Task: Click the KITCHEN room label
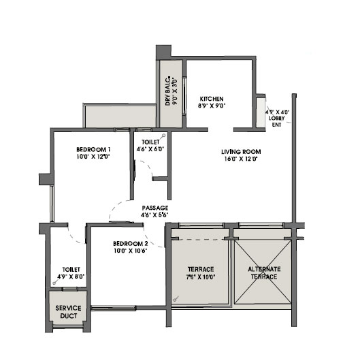pyautogui.click(x=212, y=99)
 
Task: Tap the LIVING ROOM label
pyautogui.click(x=241, y=152)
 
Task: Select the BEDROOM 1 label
pyautogui.click(x=93, y=150)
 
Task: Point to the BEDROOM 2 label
pyautogui.click(x=131, y=244)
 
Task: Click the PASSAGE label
pyautogui.click(x=155, y=208)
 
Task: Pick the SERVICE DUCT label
pyautogui.click(x=68, y=312)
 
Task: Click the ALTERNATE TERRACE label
pyautogui.click(x=264, y=273)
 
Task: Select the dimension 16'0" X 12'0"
pyautogui.click(x=241, y=159)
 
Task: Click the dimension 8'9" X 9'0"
pyautogui.click(x=212, y=106)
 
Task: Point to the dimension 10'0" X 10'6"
pyautogui.click(x=131, y=251)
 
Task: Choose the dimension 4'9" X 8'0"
pyautogui.click(x=71, y=277)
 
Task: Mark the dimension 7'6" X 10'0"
pyautogui.click(x=201, y=277)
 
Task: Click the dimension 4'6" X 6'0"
pyautogui.click(x=150, y=149)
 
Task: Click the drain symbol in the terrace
pyautogui.click(x=176, y=299)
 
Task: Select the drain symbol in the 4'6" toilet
pyautogui.click(x=163, y=136)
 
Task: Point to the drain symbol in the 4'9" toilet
pyautogui.click(x=55, y=282)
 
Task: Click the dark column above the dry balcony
pyautogui.click(x=163, y=52)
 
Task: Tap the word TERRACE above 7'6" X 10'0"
pyautogui.click(x=201, y=269)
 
